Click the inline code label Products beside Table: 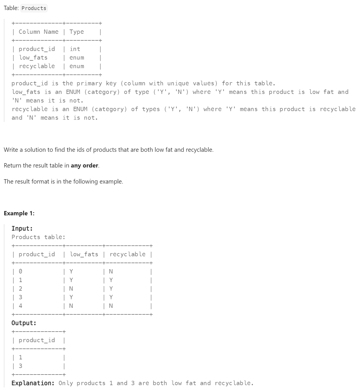(x=34, y=8)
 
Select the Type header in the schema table (x=77, y=32)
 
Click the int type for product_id (x=75, y=49)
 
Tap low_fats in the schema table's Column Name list (x=33, y=58)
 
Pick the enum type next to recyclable (x=77, y=66)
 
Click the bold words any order (x=85, y=166)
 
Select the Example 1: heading (x=19, y=213)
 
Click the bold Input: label (x=22, y=229)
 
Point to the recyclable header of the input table (x=128, y=254)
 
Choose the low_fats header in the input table (x=84, y=254)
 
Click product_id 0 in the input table (x=20, y=271)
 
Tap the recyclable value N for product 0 (x=111, y=271)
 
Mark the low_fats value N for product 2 (x=71, y=289)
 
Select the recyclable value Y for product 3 (x=111, y=297)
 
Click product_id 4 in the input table (x=20, y=306)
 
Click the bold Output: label (x=24, y=323)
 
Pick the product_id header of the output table (x=37, y=340)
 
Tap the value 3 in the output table (x=20, y=366)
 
